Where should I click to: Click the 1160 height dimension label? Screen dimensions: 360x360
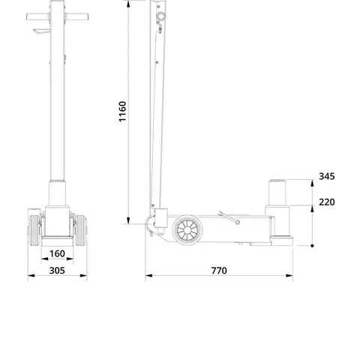click(122, 112)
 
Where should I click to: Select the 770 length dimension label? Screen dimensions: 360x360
click(219, 271)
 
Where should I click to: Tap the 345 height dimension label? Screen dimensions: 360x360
click(327, 176)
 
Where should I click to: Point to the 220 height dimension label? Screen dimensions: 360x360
click(327, 202)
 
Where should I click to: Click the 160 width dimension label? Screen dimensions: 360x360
click(57, 253)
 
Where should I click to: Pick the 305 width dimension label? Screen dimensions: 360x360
click(57, 271)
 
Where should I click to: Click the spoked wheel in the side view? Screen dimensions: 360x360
click(187, 230)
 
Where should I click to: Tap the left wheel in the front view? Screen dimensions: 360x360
click(34, 230)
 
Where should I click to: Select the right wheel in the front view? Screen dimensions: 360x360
click(81, 230)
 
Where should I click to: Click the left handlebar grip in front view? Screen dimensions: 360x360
click(37, 17)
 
